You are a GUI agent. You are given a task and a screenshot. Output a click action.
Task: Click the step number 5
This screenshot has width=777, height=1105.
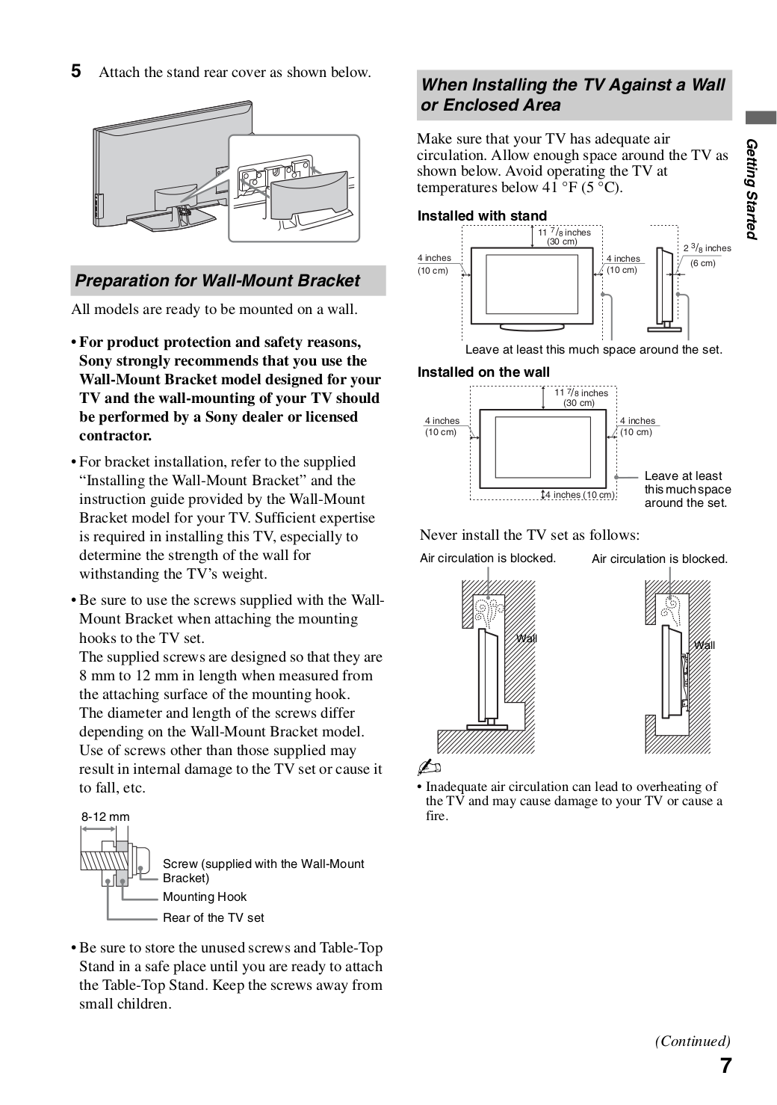(x=76, y=72)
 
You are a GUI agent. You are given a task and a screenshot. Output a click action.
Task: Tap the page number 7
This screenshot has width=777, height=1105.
(x=725, y=1066)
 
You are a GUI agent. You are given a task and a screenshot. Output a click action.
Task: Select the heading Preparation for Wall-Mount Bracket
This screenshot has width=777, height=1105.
(x=217, y=281)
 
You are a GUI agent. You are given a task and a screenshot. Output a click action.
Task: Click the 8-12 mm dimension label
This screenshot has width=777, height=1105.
(x=105, y=816)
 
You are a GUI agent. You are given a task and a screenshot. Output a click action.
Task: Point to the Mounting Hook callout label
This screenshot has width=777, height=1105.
(x=204, y=896)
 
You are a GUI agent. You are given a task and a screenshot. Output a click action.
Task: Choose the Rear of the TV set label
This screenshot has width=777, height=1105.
(x=213, y=917)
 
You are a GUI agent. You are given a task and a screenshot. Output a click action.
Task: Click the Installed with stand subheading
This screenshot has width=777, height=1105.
(x=482, y=216)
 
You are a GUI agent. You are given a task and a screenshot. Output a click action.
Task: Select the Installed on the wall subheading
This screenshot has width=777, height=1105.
(x=483, y=372)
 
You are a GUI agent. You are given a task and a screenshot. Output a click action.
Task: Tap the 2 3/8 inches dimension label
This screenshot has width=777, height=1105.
(x=707, y=248)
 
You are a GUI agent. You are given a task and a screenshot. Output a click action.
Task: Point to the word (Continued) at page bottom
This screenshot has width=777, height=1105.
(x=693, y=1041)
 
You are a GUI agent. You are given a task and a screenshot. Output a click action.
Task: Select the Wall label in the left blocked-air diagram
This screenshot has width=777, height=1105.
(x=527, y=638)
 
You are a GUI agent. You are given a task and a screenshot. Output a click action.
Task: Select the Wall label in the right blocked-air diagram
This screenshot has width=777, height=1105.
(x=704, y=645)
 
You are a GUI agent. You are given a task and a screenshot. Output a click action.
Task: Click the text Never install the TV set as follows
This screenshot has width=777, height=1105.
(x=529, y=535)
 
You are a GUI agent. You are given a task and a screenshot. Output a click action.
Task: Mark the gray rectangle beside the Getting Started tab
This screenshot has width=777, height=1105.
(x=761, y=117)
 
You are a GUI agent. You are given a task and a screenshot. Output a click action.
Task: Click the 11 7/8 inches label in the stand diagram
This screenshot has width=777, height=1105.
(x=564, y=233)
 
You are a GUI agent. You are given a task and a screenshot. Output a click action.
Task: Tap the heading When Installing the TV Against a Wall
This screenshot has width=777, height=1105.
(x=573, y=85)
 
